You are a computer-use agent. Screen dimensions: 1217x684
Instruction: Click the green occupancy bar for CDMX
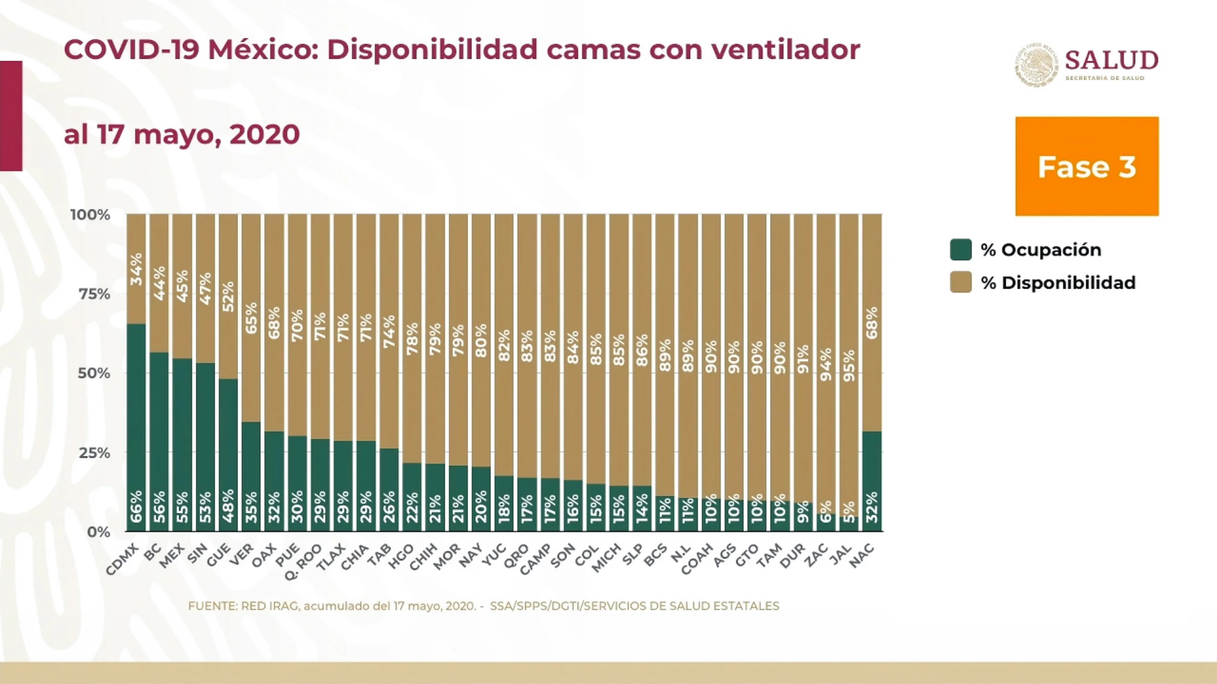[x=136, y=427]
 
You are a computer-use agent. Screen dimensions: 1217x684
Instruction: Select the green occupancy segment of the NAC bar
[x=872, y=481]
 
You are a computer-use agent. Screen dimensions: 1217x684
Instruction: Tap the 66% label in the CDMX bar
[x=136, y=507]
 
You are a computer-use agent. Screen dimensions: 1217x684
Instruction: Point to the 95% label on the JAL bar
[x=849, y=366]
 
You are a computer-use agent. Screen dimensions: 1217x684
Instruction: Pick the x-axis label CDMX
[x=122, y=560]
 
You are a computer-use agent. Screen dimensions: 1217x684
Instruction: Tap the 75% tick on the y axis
[x=94, y=294]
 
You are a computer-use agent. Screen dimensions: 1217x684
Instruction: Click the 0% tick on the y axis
[x=98, y=532]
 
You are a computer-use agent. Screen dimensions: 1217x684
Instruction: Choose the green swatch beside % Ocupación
[x=961, y=250]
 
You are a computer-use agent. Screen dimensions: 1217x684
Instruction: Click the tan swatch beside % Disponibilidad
[x=961, y=282]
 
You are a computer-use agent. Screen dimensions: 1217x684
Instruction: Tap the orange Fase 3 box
[x=1087, y=166]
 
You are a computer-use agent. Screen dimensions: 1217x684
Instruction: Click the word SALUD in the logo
[x=1112, y=61]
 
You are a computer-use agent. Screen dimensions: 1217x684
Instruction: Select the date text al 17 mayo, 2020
[x=182, y=135]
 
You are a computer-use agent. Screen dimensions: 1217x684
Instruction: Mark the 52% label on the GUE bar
[x=228, y=296]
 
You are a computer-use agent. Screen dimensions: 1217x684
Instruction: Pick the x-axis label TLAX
[x=331, y=558]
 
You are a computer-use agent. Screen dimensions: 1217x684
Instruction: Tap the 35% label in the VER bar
[x=251, y=507]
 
